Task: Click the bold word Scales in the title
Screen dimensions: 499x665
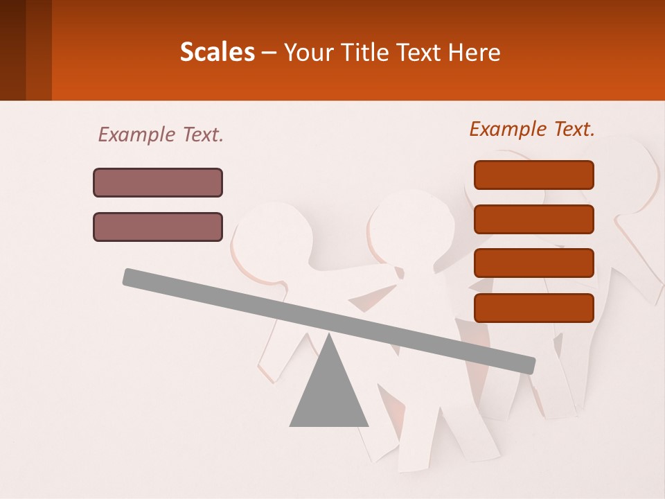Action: coord(218,52)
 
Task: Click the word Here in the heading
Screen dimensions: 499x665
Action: coord(474,52)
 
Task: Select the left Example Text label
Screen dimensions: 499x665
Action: coord(161,134)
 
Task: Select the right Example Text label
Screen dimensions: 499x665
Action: coord(532,129)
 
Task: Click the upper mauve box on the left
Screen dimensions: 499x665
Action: coord(158,182)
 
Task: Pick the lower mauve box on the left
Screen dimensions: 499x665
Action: coord(158,227)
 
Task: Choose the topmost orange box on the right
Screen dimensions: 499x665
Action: coord(533,175)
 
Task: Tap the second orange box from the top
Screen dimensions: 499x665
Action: coord(533,219)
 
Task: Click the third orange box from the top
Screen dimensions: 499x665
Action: coord(533,263)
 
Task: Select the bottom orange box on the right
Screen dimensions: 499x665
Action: coord(533,308)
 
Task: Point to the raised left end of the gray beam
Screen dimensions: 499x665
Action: coord(129,276)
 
